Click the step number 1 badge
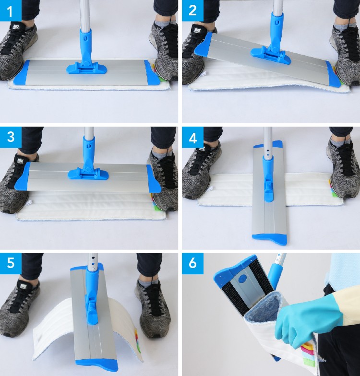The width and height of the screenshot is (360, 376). click(11, 11)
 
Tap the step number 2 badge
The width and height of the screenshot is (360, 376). click(192, 11)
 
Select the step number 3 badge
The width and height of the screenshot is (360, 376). click(11, 137)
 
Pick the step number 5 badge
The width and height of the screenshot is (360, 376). click(11, 263)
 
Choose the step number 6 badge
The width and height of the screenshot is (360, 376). click(192, 263)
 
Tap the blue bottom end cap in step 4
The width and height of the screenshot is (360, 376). click(270, 239)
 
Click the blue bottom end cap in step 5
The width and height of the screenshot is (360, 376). click(97, 364)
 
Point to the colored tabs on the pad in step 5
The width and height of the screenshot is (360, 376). click(137, 338)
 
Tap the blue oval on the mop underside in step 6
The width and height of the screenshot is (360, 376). click(242, 278)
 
